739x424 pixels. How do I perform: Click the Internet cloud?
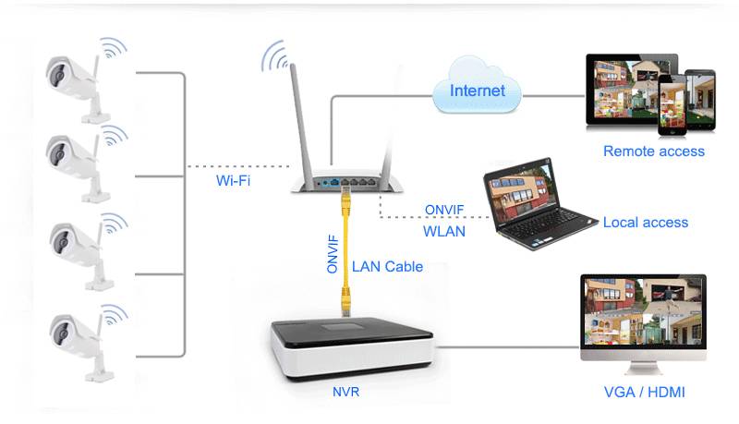coord(477,90)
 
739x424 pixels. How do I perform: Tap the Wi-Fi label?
coord(233,180)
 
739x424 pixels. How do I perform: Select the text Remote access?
coord(653,151)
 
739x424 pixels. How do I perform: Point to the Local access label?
coord(645,222)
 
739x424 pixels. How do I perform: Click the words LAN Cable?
coord(387,266)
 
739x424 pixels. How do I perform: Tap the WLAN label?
coord(443,231)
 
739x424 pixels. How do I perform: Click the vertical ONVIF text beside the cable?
coord(332,253)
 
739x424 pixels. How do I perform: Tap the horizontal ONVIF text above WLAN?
coord(444,210)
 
